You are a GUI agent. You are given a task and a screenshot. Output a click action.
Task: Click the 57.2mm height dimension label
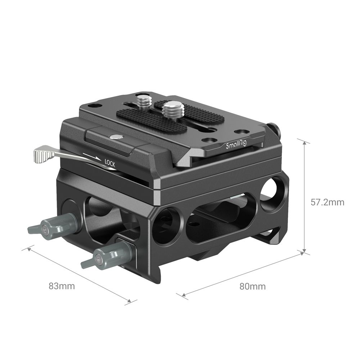(327, 202)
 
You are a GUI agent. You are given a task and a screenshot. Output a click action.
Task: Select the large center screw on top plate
(170, 108)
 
